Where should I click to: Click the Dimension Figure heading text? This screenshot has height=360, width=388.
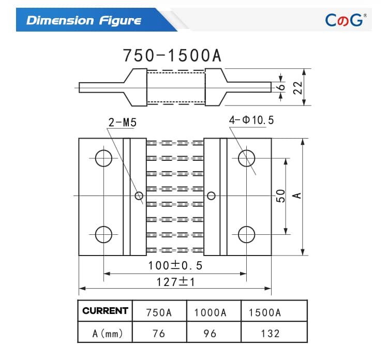click(84, 20)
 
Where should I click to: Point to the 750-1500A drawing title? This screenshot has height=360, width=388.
click(172, 55)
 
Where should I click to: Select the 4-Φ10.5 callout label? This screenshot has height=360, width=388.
click(251, 121)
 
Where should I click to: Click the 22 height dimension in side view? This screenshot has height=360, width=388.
click(297, 87)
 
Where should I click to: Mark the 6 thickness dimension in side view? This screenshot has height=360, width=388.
click(281, 87)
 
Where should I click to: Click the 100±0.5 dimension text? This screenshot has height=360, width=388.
click(175, 266)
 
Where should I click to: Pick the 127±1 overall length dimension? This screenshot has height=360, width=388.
click(175, 282)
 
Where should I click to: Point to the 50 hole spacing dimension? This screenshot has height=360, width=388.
click(280, 196)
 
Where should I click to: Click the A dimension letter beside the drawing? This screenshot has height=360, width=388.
click(297, 196)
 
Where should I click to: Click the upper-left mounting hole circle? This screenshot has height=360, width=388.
click(103, 158)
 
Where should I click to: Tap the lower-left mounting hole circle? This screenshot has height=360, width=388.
click(103, 234)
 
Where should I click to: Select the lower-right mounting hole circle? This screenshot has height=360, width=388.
click(246, 234)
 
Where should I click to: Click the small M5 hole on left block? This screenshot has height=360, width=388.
click(139, 196)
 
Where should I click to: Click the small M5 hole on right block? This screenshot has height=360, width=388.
click(211, 196)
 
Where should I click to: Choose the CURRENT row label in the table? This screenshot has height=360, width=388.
click(105, 311)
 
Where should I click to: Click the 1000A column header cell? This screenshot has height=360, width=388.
click(210, 312)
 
